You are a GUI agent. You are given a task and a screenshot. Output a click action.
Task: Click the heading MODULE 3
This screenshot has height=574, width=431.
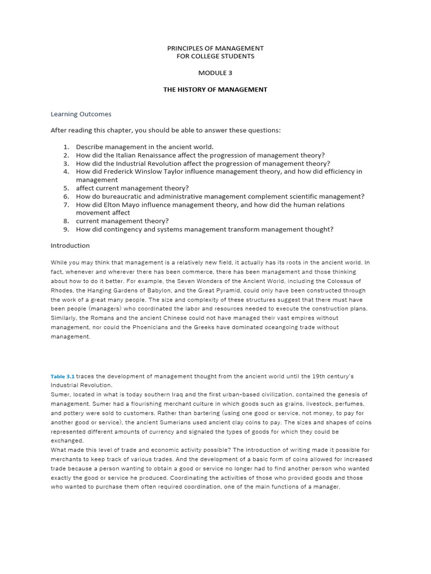coord(215,73)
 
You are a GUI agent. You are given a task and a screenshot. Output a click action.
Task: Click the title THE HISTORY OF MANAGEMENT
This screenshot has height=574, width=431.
coord(215,90)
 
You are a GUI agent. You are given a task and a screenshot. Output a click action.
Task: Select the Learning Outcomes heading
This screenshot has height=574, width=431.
coord(81,114)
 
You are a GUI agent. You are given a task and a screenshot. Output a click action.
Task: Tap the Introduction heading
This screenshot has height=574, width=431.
coord(70,246)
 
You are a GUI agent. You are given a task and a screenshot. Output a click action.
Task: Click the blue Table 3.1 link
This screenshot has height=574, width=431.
coord(62,376)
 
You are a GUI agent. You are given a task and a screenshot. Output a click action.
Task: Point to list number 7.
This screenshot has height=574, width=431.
coord(66,205)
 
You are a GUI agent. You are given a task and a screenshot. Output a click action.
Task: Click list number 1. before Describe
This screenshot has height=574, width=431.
coord(66,147)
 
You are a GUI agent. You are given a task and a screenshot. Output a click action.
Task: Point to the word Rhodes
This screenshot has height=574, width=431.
coord(62,290)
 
